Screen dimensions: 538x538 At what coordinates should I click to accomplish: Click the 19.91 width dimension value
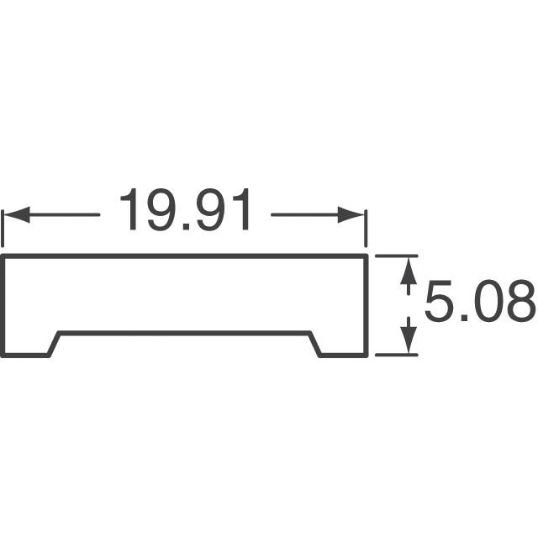(185, 209)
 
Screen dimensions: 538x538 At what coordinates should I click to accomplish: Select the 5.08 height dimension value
(480, 301)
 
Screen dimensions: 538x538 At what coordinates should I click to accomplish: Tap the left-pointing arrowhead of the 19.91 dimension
(17, 215)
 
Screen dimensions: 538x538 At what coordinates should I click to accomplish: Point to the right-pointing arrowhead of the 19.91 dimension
(351, 215)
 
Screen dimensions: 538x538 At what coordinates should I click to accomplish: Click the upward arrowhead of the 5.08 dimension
(409, 272)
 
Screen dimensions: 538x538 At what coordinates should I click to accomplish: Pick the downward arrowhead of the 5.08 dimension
(409, 340)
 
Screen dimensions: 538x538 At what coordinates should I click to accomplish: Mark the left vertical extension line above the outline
(3, 229)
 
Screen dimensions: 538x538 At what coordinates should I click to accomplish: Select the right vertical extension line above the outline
(366, 229)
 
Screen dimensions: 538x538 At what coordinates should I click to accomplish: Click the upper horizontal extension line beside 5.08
(396, 256)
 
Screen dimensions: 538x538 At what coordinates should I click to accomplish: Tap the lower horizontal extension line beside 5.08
(396, 355)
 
